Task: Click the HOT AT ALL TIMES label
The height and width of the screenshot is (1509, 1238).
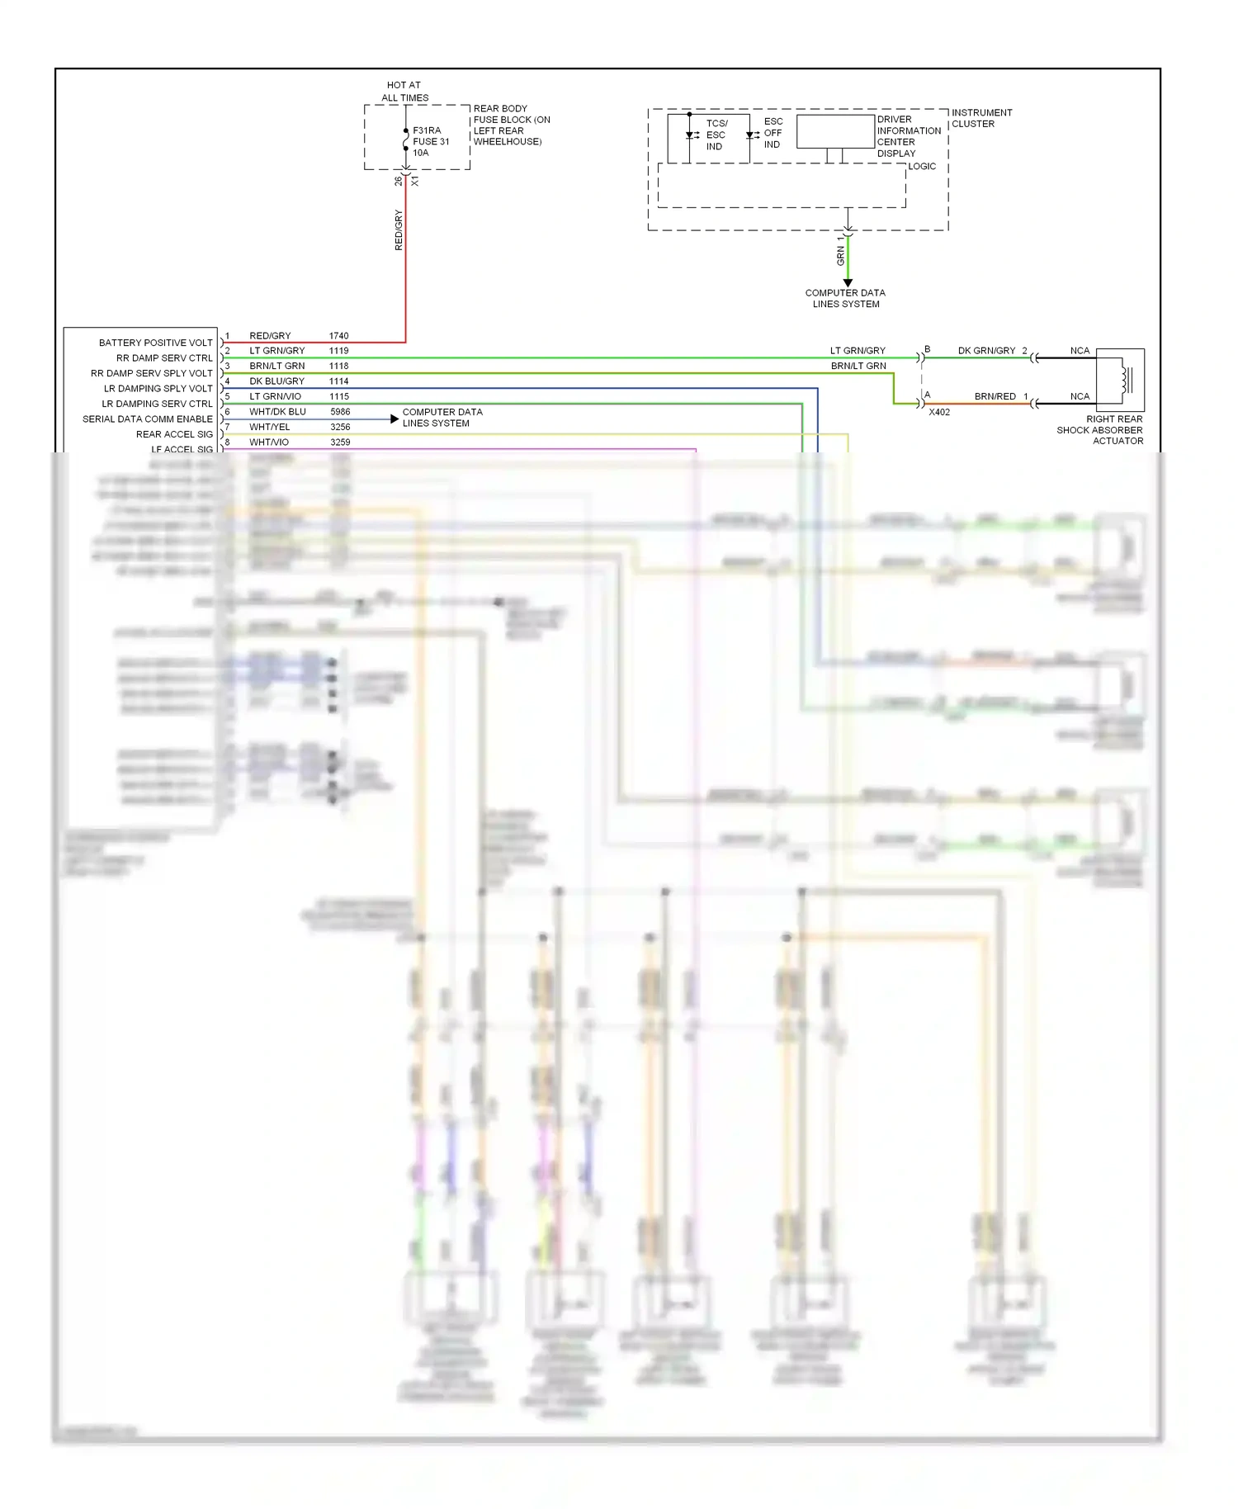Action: [x=404, y=91]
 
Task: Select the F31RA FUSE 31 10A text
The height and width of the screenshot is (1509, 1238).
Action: [x=431, y=141]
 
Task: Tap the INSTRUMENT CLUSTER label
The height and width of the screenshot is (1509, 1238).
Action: [x=981, y=118]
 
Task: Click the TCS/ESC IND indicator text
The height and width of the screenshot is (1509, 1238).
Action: [x=715, y=135]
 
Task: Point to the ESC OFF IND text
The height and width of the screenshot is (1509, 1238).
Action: [x=773, y=133]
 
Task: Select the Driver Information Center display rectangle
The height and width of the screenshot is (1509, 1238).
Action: [x=835, y=131]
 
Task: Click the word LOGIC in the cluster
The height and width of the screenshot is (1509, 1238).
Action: [x=922, y=166]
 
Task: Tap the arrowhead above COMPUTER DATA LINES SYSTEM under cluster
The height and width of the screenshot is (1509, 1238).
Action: [x=848, y=283]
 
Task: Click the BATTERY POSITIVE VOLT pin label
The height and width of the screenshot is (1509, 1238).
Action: [x=155, y=343]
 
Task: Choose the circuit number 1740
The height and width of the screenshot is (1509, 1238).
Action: [x=338, y=336]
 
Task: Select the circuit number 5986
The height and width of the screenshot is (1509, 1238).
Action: [x=340, y=411]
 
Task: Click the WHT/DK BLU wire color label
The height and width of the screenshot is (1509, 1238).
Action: [x=277, y=411]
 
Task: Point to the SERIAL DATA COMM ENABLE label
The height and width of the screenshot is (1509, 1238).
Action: [x=147, y=419]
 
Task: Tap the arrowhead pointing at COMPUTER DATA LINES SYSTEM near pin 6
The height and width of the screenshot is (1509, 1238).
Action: [x=395, y=419]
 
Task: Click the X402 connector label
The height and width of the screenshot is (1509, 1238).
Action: [x=939, y=412]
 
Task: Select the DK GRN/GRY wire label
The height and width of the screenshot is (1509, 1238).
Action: [x=986, y=351]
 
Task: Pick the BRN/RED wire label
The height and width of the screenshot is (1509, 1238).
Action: [x=995, y=396]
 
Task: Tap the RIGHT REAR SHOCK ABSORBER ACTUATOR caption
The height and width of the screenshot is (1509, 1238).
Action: [x=1099, y=430]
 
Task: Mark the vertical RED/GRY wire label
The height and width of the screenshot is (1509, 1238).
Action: [x=399, y=229]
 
